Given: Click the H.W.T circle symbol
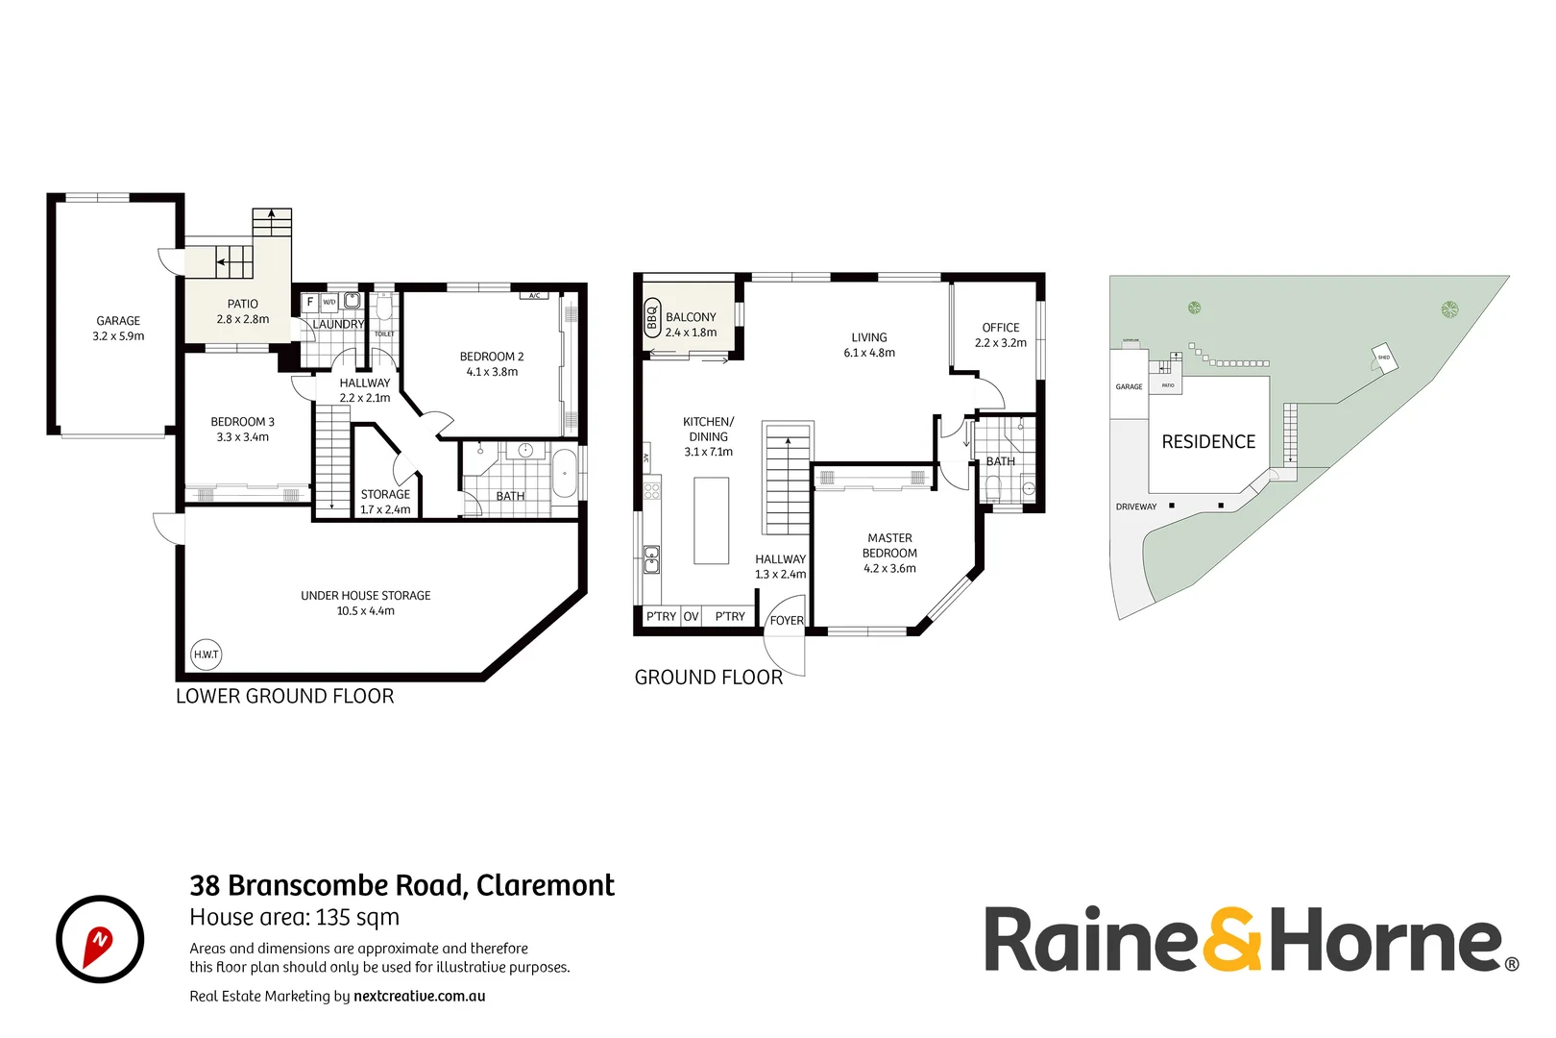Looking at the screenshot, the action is (x=207, y=655).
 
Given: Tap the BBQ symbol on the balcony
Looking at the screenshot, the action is (x=651, y=316).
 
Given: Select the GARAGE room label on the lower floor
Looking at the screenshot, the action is (x=118, y=321).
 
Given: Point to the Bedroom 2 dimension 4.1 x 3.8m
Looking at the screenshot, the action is (x=492, y=372).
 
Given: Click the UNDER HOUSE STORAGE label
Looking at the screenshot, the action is (x=365, y=596).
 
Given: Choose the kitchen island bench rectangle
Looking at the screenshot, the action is (x=711, y=520).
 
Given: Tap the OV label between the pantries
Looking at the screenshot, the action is (x=691, y=616).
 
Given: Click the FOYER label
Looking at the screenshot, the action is (x=787, y=621).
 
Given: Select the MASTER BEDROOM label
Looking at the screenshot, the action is (x=889, y=546).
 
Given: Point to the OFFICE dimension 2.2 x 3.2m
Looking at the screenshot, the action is (x=1001, y=343).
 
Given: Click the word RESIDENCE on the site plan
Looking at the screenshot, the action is (x=1208, y=442).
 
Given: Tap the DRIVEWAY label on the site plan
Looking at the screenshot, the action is (x=1136, y=507).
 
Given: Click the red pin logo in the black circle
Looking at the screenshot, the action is (x=100, y=940).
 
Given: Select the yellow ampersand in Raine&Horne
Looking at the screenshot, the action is (x=1233, y=939).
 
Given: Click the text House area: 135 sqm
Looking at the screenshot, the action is (x=294, y=918).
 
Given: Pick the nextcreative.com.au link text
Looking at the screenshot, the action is (x=419, y=997).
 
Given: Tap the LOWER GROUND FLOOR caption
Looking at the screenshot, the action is (x=284, y=697).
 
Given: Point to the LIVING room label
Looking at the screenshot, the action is (x=869, y=337).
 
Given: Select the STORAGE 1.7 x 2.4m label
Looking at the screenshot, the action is (x=385, y=502).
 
